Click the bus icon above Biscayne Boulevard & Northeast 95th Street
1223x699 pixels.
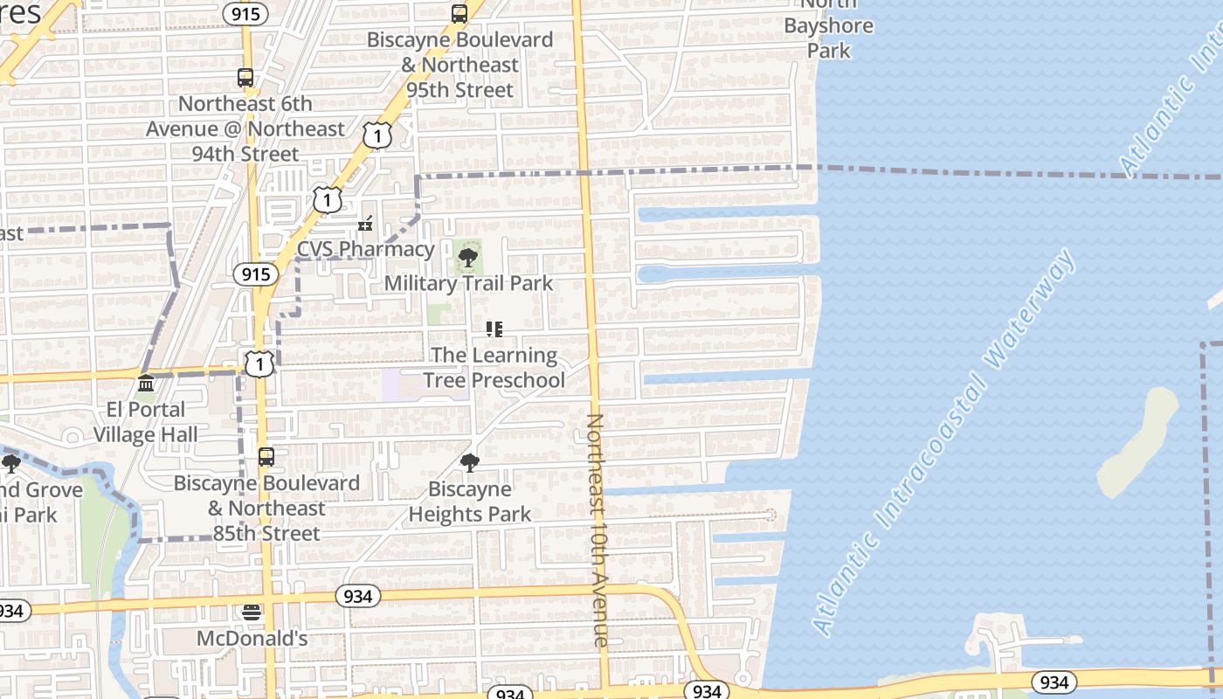[x=459, y=14]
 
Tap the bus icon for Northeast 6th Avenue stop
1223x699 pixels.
[x=245, y=78]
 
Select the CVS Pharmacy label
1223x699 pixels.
[x=365, y=249]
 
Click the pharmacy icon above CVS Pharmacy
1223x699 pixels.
[x=365, y=225]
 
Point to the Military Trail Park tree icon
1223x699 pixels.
[x=468, y=258]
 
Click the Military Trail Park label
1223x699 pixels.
[x=468, y=283]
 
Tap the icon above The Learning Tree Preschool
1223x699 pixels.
[x=494, y=329]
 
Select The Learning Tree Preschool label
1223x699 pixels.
[x=494, y=368]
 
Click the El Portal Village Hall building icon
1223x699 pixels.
[x=146, y=384]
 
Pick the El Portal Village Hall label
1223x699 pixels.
[x=146, y=422]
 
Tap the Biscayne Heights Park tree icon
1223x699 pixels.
[x=470, y=463]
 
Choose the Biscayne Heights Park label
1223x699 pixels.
[x=470, y=502]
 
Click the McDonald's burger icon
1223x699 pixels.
[x=252, y=612]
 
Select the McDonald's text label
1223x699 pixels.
[x=252, y=639]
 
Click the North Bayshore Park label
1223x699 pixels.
[x=828, y=26]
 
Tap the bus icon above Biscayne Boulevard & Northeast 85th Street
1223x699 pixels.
[x=266, y=457]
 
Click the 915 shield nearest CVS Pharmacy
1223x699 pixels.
[x=255, y=274]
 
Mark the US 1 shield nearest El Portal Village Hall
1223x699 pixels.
[x=259, y=363]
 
